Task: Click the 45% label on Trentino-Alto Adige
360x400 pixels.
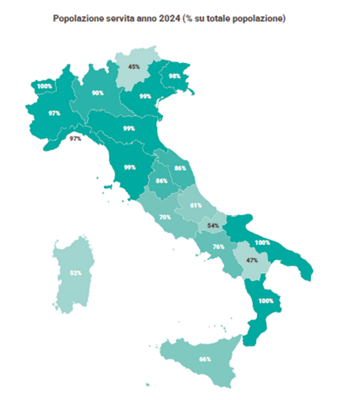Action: pos(134,66)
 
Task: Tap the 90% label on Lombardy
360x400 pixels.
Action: pos(98,93)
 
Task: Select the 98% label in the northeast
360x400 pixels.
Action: pos(175,76)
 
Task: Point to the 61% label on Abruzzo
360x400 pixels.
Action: pos(196,205)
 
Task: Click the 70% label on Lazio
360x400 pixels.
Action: pos(165,217)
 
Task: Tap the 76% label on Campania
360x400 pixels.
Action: pos(219,247)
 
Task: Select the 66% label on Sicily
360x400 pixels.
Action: pos(205,359)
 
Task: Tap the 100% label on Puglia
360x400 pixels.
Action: pos(263,242)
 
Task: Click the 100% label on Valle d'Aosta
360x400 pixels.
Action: pos(45,86)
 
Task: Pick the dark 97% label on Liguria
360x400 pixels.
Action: pos(75,138)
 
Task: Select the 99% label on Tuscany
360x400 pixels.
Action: pos(130,167)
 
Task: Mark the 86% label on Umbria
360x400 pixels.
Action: pos(161,180)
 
